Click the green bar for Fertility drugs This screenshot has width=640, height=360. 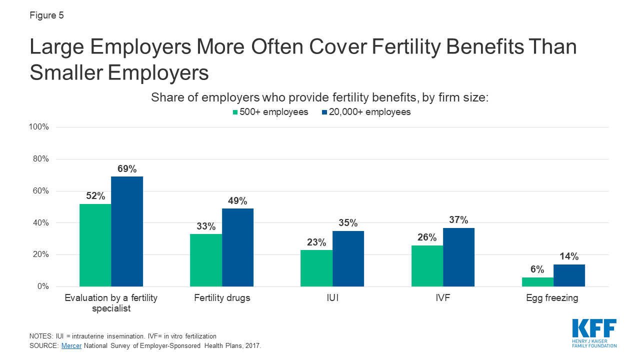[206, 260]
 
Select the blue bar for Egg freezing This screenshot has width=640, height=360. [569, 275]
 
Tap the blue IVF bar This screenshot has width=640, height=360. [458, 257]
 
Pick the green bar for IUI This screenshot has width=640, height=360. [316, 268]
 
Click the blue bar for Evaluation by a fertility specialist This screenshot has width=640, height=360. [127, 231]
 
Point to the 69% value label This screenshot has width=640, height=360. [127, 169]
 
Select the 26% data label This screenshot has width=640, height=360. [427, 237]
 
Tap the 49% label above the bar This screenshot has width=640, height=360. [237, 201]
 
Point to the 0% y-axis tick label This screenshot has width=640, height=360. [42, 286]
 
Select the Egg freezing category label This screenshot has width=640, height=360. [552, 298]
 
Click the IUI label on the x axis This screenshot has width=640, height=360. [331, 298]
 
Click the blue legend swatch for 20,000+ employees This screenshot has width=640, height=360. [324, 112]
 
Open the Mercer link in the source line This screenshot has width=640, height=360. [70, 345]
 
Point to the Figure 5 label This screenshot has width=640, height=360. [46, 15]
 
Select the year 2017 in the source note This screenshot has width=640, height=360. [250, 345]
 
